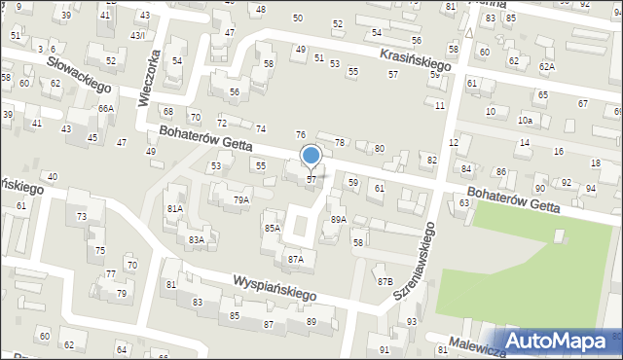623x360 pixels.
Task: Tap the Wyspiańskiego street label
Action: click(x=275, y=286)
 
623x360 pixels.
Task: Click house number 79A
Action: click(x=241, y=200)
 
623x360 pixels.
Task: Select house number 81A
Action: click(x=175, y=208)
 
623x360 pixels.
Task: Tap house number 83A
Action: click(x=197, y=239)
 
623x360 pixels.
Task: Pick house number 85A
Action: click(x=273, y=229)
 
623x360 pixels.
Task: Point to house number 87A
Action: click(x=295, y=259)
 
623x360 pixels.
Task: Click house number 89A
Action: click(x=338, y=220)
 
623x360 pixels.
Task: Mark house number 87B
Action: click(x=385, y=281)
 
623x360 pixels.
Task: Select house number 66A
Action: click(x=105, y=109)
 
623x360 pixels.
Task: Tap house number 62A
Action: click(x=547, y=66)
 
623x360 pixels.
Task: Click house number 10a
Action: click(x=526, y=120)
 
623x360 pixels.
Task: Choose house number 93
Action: click(x=412, y=321)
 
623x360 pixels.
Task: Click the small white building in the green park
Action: click(x=559, y=236)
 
